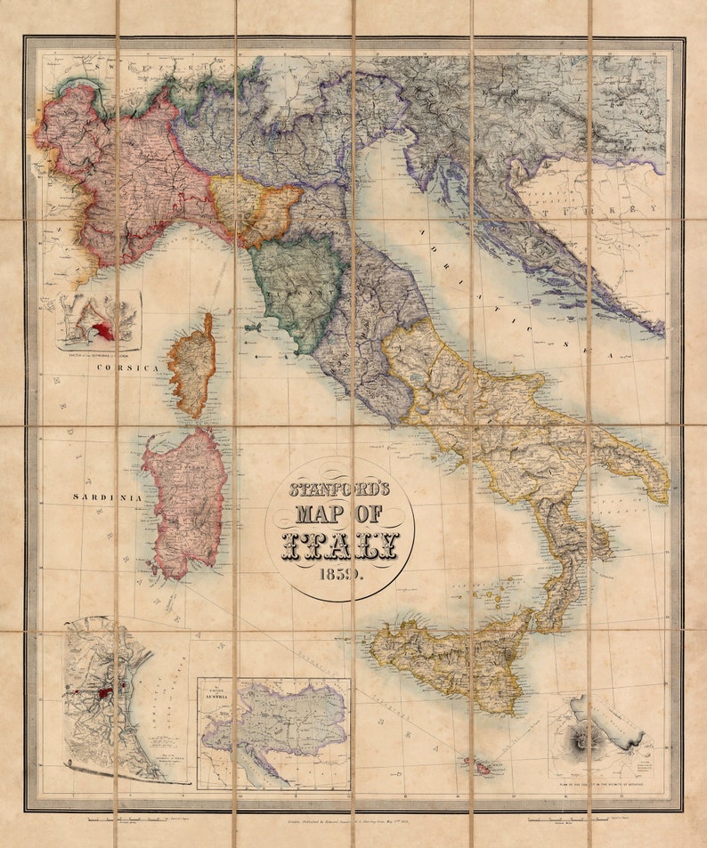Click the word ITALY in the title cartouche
340,545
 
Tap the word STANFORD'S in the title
339,489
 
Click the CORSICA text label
127,367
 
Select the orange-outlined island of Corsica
193,365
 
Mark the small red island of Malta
476,764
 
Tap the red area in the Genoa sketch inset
105,331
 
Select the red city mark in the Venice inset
104,692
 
